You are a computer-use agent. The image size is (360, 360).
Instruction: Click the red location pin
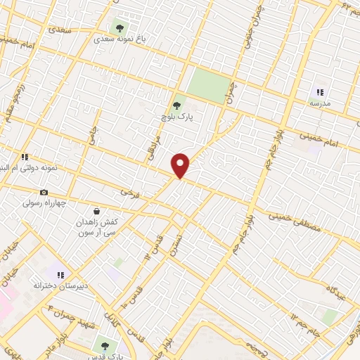pyautogui.click(x=181, y=165)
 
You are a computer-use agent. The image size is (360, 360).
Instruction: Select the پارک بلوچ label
pyautogui.click(x=184, y=117)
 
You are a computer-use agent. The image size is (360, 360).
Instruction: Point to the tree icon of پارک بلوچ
pyautogui.click(x=185, y=105)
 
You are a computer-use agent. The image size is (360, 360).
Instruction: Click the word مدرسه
pyautogui.click(x=320, y=103)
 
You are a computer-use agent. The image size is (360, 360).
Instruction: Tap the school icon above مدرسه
pyautogui.click(x=320, y=92)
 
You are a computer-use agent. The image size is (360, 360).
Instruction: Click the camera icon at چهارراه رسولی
pyautogui.click(x=44, y=193)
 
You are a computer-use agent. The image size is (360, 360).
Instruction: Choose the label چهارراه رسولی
pyautogui.click(x=44, y=203)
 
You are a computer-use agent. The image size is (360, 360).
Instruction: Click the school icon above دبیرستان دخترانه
pyautogui.click(x=60, y=275)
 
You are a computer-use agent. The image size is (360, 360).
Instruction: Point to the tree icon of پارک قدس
pyautogui.click(x=105, y=345)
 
